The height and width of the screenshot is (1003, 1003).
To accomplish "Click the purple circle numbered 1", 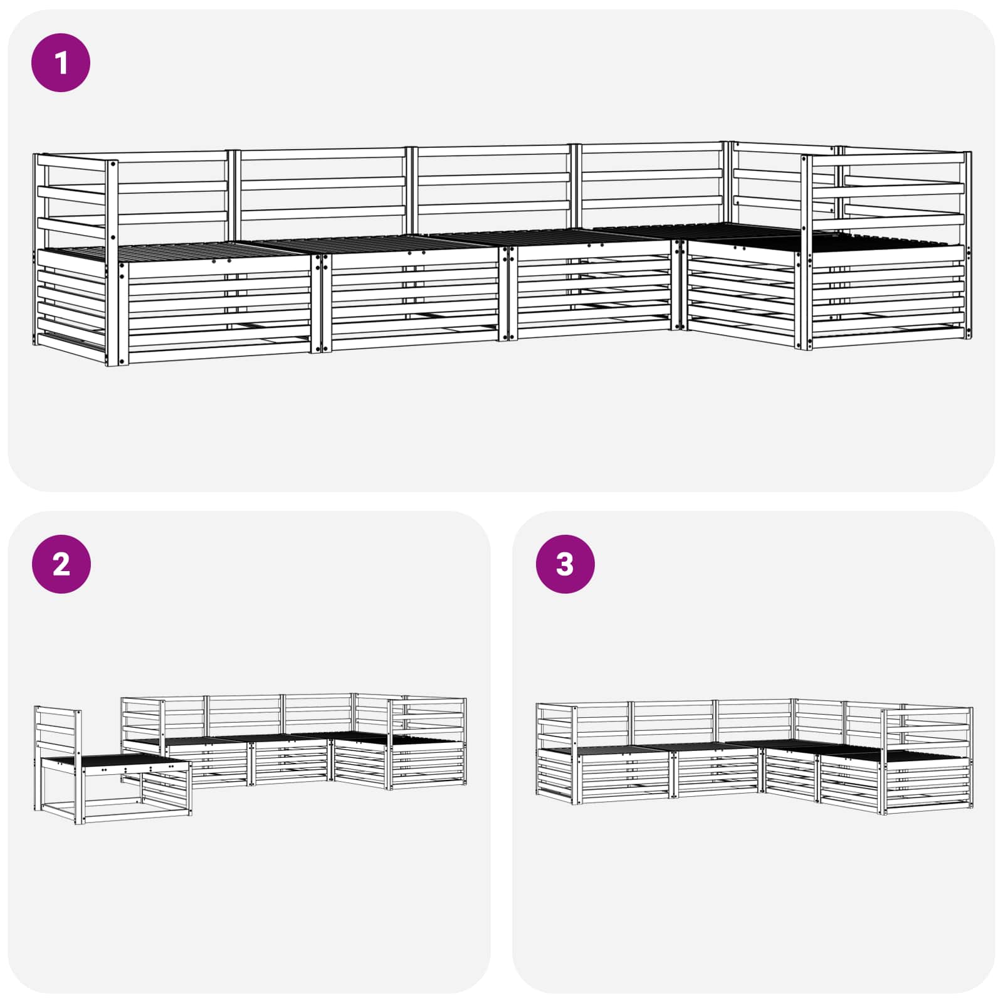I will tap(61, 63).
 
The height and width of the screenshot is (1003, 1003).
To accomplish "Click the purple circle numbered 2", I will tap(61, 564).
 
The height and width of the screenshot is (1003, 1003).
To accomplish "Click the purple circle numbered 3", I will tap(565, 564).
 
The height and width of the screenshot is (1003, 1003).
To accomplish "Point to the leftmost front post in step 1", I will tap(113, 263).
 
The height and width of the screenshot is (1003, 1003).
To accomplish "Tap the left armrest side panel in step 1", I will tap(69, 295).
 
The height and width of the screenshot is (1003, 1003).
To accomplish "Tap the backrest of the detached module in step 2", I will tap(58, 730).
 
